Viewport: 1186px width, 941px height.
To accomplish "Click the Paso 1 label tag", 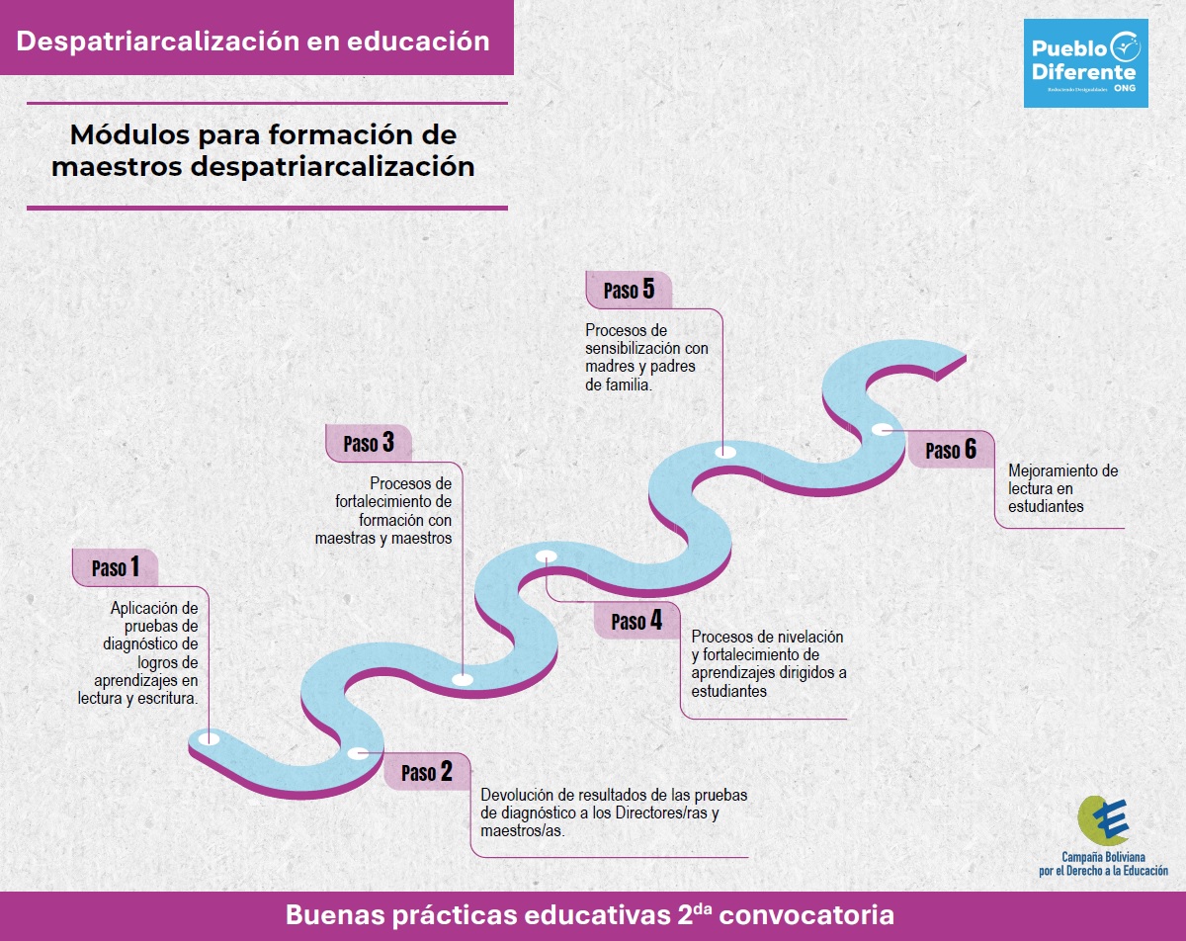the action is tap(116, 567).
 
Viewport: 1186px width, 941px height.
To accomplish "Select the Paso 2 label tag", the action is tap(427, 771).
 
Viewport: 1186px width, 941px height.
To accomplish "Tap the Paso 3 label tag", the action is tap(369, 443).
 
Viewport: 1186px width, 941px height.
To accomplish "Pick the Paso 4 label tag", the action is tap(636, 621).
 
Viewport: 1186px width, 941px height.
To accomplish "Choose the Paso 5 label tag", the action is tap(629, 290).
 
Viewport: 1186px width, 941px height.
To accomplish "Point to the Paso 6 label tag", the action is tap(951, 450).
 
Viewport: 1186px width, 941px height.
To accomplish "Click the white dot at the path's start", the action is tap(209, 738).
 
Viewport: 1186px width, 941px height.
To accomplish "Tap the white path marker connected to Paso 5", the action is tap(725, 452).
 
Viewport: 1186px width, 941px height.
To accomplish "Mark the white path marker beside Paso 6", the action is tap(882, 429).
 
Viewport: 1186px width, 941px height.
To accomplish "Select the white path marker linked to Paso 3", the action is tap(463, 679).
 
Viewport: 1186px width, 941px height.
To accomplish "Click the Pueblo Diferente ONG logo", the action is tap(1086, 63).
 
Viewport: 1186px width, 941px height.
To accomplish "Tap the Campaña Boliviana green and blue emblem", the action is tap(1103, 820).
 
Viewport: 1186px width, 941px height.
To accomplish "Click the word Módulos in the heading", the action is tap(130, 134).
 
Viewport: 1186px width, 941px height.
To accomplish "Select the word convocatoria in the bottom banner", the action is tap(806, 915).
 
